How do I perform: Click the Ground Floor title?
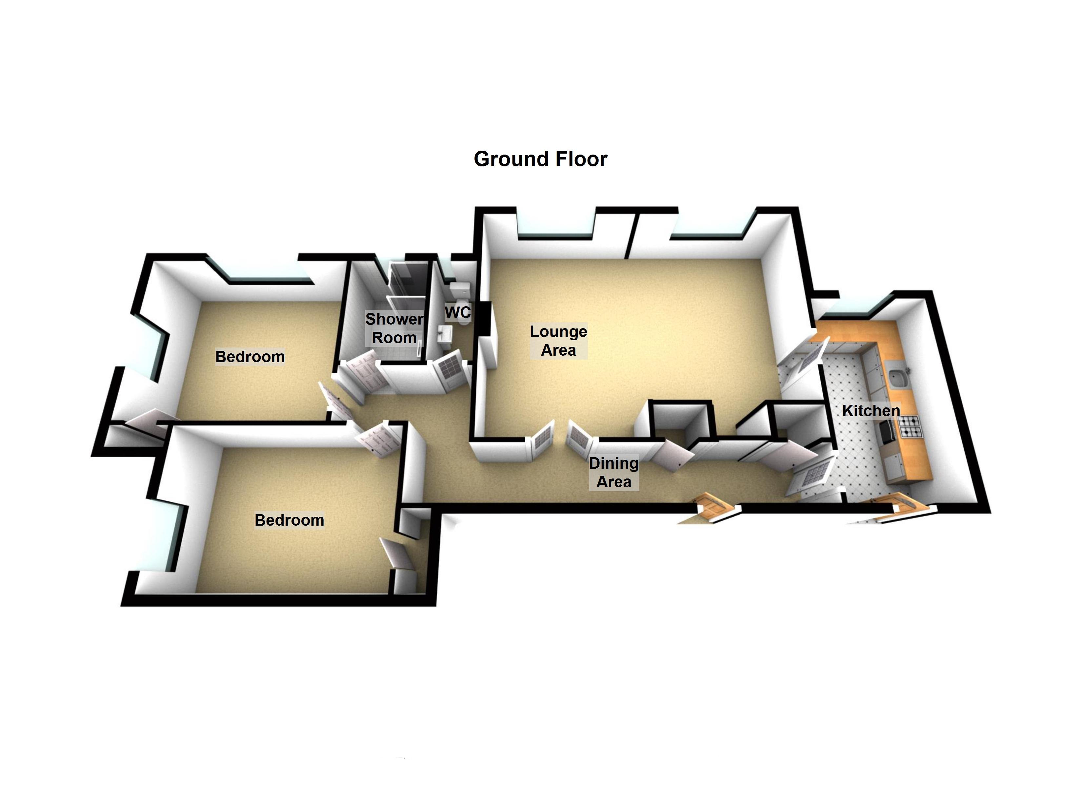click(540, 159)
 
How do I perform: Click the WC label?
click(457, 313)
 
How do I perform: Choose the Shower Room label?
click(394, 328)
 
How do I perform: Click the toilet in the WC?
click(462, 305)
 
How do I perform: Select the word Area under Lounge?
click(558, 350)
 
